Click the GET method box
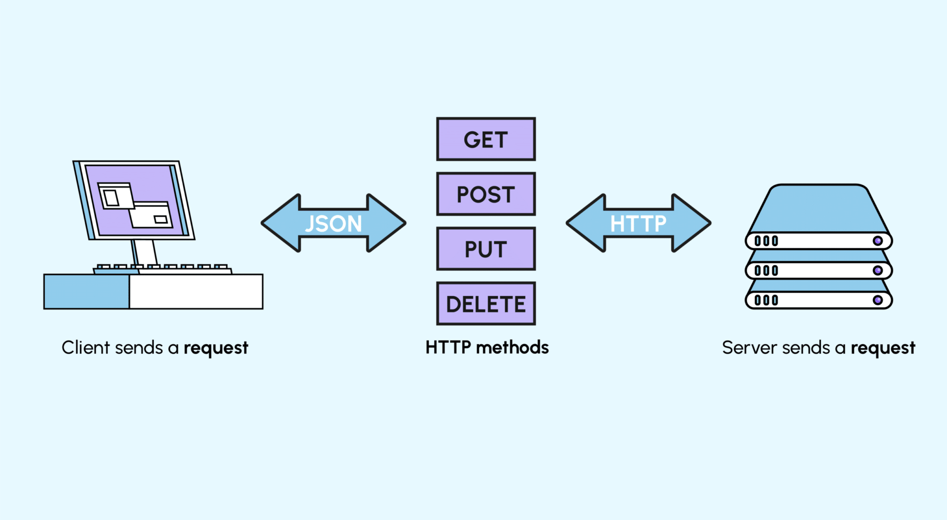(x=486, y=139)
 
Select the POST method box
(x=486, y=194)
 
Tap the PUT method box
(x=486, y=249)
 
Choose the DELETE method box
(x=486, y=303)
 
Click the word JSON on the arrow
(x=333, y=224)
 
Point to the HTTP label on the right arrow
(x=638, y=224)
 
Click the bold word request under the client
(x=216, y=348)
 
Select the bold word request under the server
(x=883, y=348)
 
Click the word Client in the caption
(x=86, y=347)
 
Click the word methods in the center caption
(x=512, y=347)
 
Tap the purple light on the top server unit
(x=877, y=241)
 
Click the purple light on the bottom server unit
(x=877, y=300)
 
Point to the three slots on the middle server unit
(x=766, y=271)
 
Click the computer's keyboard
(x=163, y=269)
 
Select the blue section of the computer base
(x=86, y=291)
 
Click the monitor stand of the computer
(x=145, y=252)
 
